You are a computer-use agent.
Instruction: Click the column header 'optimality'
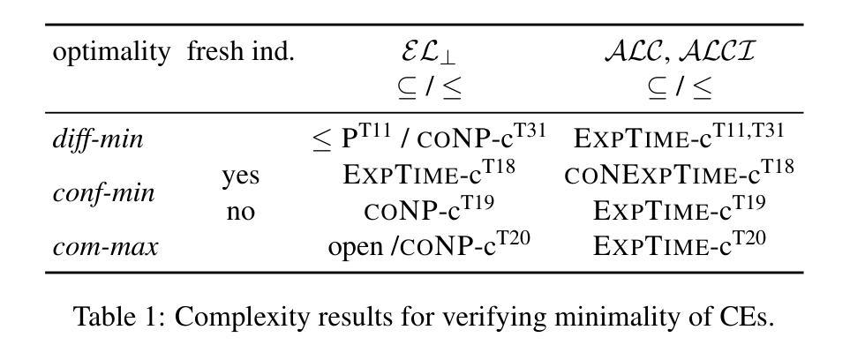tap(111, 52)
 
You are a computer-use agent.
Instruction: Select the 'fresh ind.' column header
tap(240, 52)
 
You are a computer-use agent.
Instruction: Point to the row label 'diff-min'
tap(98, 139)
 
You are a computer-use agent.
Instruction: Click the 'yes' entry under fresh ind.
tap(240, 176)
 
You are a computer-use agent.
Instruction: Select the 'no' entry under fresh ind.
tap(240, 211)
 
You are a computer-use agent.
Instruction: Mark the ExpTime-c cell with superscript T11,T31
tap(678, 138)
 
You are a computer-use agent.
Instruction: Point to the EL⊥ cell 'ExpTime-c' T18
tap(429, 174)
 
